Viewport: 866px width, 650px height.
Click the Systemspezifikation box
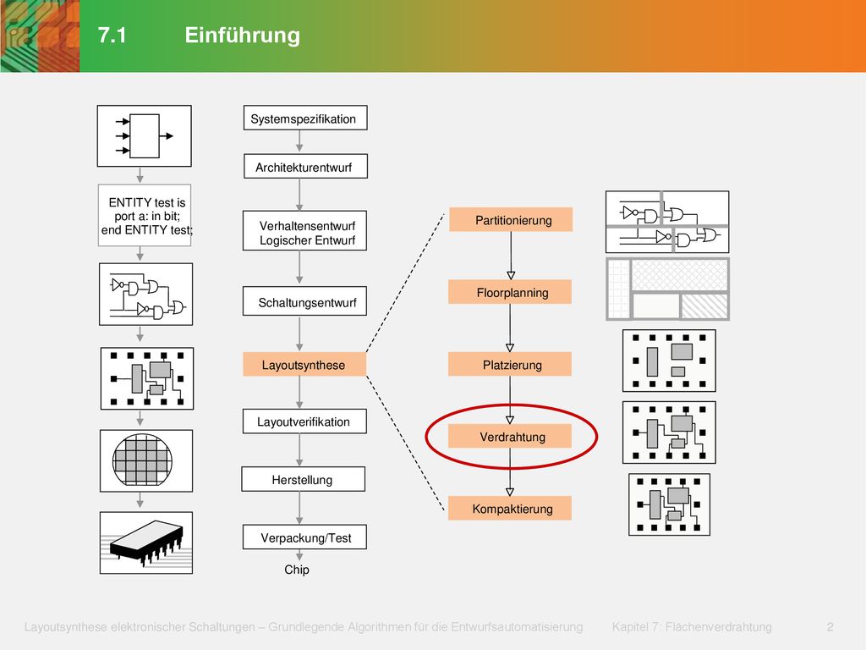[305, 118]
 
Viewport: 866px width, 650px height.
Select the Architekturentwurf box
[305, 167]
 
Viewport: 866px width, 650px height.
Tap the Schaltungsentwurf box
[304, 301]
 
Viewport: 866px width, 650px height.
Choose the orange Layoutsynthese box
[304, 365]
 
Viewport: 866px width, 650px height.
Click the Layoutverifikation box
[304, 421]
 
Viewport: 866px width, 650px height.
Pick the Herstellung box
[304, 479]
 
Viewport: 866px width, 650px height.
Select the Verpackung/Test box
[304, 537]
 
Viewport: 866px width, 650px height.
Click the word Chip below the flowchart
[297, 570]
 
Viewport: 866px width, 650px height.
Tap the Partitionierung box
[511, 220]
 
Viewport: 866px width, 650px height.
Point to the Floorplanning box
[510, 292]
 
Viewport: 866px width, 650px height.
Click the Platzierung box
[510, 364]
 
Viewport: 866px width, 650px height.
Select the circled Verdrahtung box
[510, 436]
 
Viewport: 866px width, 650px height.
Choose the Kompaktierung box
[510, 508]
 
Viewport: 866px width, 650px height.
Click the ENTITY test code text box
[145, 216]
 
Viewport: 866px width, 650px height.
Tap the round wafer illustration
[142, 460]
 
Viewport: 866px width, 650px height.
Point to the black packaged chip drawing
[146, 543]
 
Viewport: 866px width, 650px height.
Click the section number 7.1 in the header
[112, 36]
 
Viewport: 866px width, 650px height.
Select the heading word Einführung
[243, 36]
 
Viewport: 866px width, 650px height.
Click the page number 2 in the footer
[830, 627]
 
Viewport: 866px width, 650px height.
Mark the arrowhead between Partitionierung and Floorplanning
[511, 275]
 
